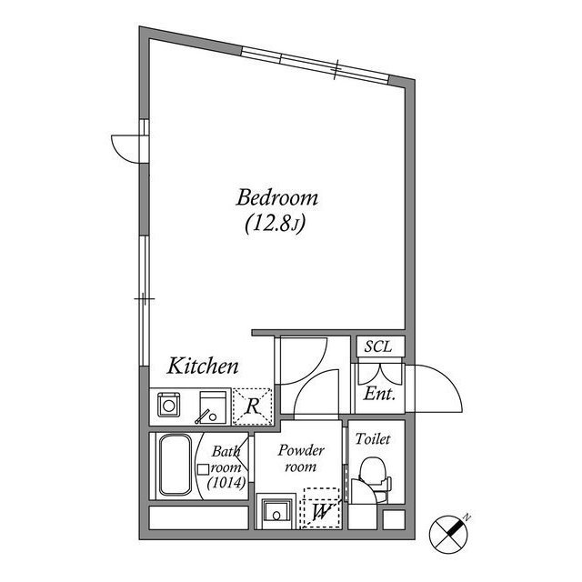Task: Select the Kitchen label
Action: point(203,366)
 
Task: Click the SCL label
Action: point(377,346)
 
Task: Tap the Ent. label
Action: point(378,395)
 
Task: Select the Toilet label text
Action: point(373,438)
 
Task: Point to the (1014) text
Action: point(225,482)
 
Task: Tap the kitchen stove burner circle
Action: point(168,403)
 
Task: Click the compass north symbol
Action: point(449,533)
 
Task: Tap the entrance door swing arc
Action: point(435,389)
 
